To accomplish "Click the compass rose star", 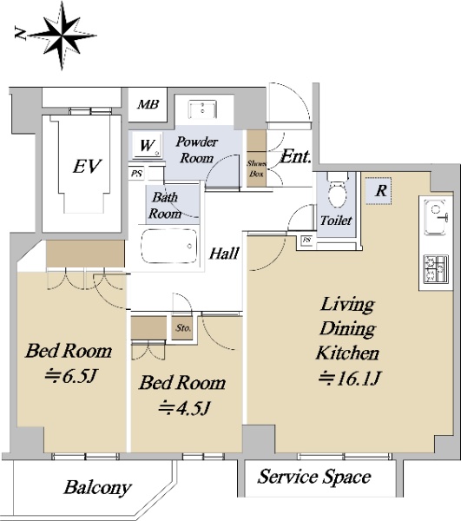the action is click(x=63, y=35).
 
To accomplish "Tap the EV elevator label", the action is click(x=87, y=166).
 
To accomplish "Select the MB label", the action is click(x=148, y=105).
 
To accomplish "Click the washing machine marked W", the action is click(x=147, y=145).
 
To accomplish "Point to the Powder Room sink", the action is click(x=202, y=109).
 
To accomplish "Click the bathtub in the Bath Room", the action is click(x=168, y=247).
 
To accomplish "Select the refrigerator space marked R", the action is click(x=379, y=191).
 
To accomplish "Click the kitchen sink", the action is click(x=435, y=218).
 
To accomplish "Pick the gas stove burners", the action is click(x=436, y=269).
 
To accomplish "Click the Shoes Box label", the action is click(x=256, y=168).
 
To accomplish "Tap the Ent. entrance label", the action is click(x=296, y=156).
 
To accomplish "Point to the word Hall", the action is click(x=224, y=254).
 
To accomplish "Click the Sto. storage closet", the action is click(x=182, y=327).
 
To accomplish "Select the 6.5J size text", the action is click(x=71, y=376).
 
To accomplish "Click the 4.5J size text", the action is click(x=184, y=408).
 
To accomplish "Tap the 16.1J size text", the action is click(x=349, y=378).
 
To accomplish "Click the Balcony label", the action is click(x=97, y=487).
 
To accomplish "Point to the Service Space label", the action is click(x=314, y=477).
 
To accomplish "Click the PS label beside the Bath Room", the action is click(x=136, y=174).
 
